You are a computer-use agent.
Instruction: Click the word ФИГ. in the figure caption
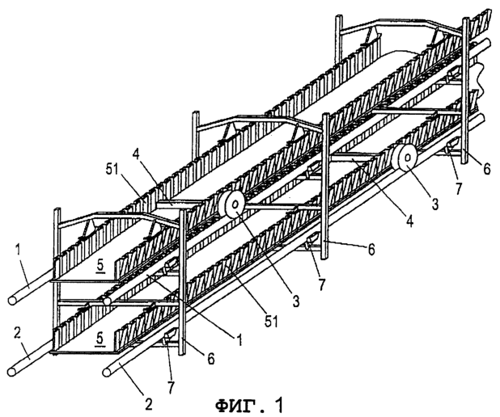coord(240,405)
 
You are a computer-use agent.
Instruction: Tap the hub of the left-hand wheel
coord(235,204)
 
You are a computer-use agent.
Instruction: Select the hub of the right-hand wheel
coord(408,157)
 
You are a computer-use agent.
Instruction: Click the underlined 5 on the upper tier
coord(100,267)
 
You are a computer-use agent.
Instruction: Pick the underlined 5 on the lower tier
coord(100,339)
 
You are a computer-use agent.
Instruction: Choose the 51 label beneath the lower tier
coord(271,321)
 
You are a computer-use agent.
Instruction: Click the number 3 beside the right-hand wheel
coord(435,204)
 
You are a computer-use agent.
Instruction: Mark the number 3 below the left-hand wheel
coord(296,301)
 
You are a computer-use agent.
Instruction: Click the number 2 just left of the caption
coord(148,404)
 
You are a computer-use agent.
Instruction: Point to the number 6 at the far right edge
coord(486,169)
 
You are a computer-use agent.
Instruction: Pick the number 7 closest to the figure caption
coord(172,387)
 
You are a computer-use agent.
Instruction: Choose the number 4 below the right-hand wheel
coord(409,221)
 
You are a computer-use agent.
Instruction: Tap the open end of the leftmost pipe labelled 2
coord(12,372)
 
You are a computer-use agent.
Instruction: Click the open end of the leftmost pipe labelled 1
coord(12,301)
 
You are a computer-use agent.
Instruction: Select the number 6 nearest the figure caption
coord(211,359)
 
